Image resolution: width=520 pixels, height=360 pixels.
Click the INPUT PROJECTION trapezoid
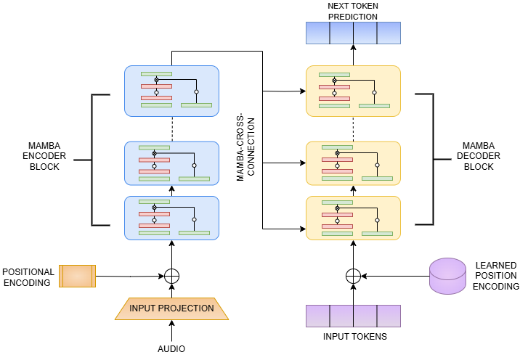click(171, 308)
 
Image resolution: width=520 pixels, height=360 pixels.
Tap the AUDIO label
click(171, 349)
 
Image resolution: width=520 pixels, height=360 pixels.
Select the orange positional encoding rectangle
click(77, 276)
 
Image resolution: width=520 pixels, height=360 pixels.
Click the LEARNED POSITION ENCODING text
click(495, 276)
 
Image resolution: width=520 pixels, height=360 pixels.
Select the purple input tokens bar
click(353, 316)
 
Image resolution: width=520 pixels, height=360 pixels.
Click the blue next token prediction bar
click(353, 33)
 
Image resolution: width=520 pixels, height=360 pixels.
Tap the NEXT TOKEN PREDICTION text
click(353, 10)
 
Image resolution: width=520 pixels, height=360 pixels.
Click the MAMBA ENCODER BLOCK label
click(41, 156)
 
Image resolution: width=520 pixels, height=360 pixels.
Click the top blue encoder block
click(171, 91)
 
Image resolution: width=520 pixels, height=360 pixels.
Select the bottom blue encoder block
click(171, 218)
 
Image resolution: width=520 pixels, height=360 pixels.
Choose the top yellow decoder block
click(353, 91)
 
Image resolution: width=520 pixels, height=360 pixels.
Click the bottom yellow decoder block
click(353, 218)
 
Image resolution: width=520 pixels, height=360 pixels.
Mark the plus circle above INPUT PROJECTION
click(171, 276)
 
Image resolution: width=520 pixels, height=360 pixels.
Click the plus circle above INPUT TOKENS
click(353, 276)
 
